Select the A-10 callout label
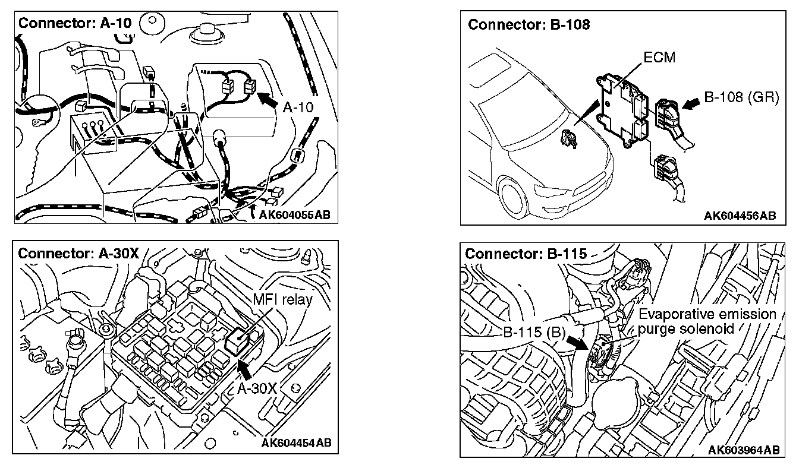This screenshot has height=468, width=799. pyautogui.click(x=297, y=108)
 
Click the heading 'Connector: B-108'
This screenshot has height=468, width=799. pyautogui.click(x=529, y=25)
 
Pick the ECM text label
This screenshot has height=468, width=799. pyautogui.click(x=659, y=58)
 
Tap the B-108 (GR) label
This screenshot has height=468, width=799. pyautogui.click(x=741, y=97)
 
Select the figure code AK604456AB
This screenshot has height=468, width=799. pyautogui.click(x=740, y=216)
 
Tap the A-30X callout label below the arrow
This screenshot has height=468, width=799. pyautogui.click(x=257, y=388)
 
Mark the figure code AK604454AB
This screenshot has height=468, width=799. pyautogui.click(x=296, y=442)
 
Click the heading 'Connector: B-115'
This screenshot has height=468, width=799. pyautogui.click(x=526, y=254)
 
